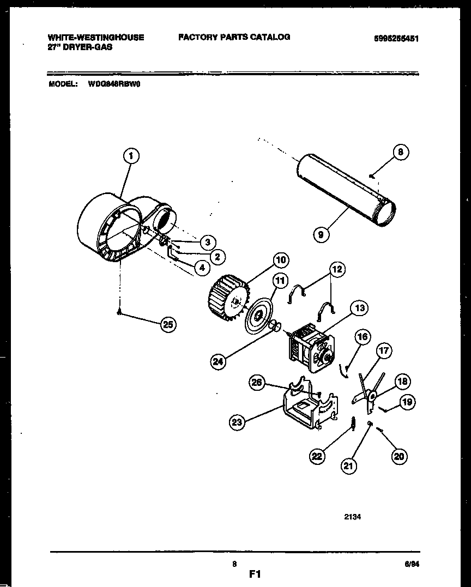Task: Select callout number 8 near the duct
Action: (x=400, y=153)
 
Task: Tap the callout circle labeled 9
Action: (x=321, y=235)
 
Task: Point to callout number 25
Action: (x=168, y=325)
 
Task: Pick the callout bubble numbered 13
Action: (x=359, y=308)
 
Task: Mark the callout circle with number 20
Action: (x=399, y=457)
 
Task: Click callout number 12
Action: (x=337, y=269)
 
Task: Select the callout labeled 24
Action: (x=219, y=361)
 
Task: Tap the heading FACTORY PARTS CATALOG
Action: (x=234, y=37)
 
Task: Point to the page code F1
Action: (x=256, y=574)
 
